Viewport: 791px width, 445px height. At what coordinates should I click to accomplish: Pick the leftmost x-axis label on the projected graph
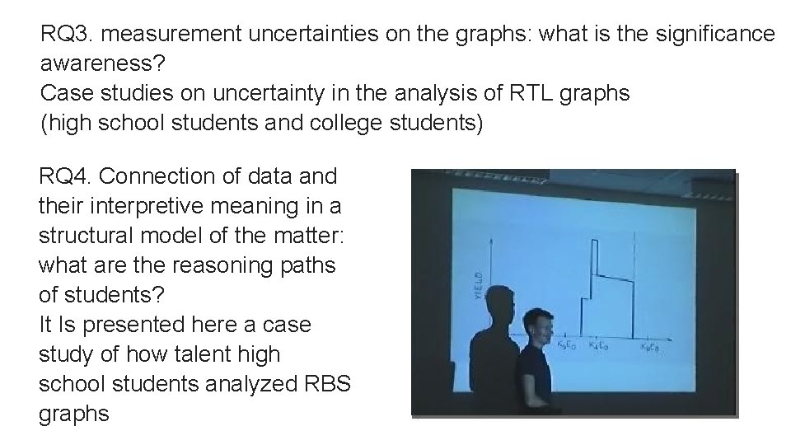click(x=567, y=344)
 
